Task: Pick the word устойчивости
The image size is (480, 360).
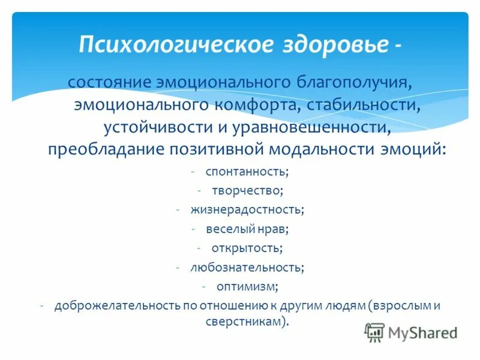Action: pos(150,127)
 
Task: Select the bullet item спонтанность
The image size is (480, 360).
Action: pos(247,172)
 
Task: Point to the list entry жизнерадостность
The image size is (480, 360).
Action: pos(247,209)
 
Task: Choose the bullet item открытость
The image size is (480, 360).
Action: pos(247,247)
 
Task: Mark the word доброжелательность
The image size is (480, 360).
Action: pos(117,305)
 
